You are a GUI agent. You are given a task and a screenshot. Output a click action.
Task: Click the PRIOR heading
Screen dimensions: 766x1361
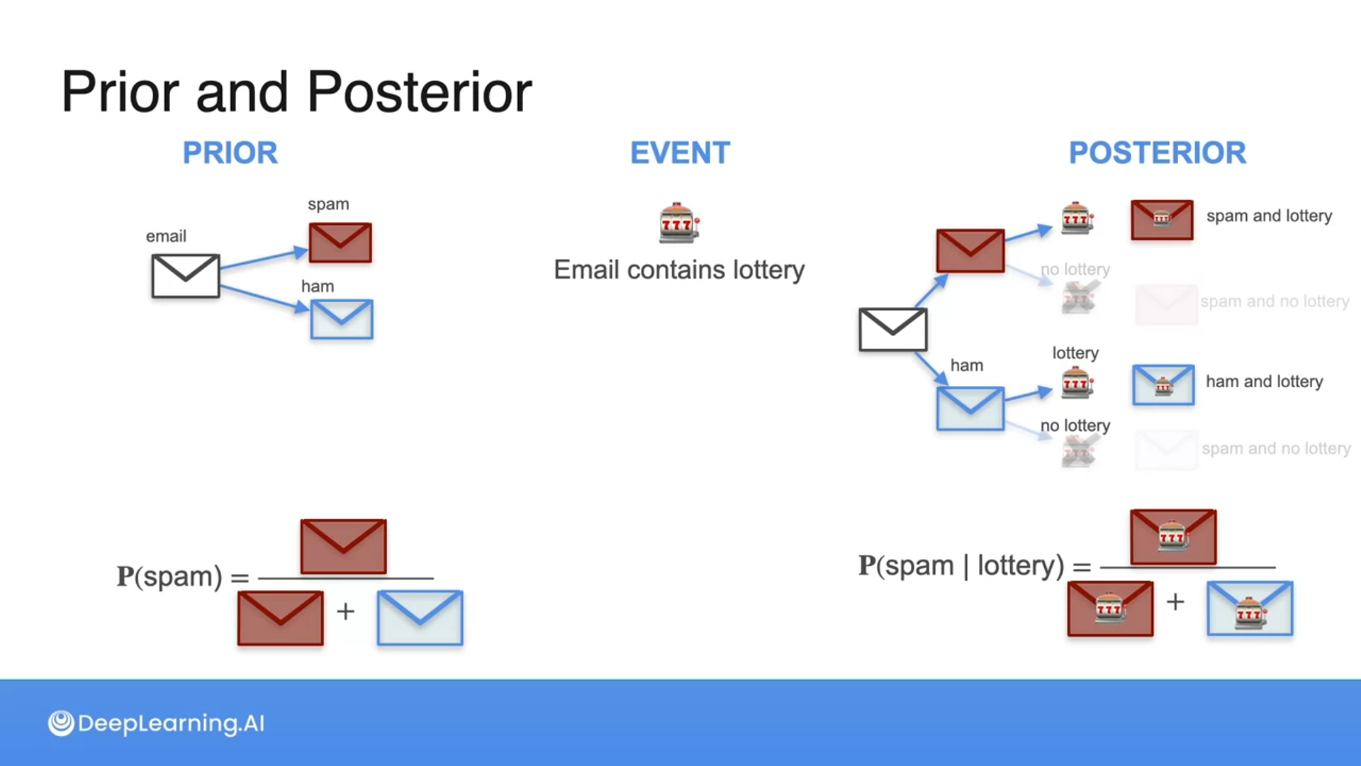(230, 152)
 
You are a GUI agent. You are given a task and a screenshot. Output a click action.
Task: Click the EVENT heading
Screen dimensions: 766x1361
(680, 152)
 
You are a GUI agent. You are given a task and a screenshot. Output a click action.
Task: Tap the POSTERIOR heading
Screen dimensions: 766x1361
(1157, 152)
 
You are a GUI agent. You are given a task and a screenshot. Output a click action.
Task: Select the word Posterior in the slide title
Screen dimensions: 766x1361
(419, 92)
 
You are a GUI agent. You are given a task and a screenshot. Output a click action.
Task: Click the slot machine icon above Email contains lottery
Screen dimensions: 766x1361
(679, 223)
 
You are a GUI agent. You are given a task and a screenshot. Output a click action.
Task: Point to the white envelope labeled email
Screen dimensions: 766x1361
(185, 276)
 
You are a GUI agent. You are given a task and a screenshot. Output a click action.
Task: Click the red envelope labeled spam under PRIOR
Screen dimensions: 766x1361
(340, 243)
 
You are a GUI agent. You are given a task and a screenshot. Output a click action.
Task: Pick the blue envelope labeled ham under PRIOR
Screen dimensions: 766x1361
(342, 319)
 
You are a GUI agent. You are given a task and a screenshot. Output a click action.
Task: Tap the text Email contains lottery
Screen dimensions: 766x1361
(679, 270)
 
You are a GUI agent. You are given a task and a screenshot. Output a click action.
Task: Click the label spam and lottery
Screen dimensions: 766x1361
(1269, 216)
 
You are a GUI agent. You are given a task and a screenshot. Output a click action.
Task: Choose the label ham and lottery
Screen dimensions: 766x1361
(1264, 382)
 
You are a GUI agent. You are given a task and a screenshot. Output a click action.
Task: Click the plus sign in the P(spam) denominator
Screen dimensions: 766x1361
(345, 611)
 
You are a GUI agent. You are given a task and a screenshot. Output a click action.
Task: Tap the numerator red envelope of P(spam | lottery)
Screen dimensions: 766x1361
(1173, 537)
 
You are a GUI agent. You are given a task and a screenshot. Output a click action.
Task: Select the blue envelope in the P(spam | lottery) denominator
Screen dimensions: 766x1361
(1250, 609)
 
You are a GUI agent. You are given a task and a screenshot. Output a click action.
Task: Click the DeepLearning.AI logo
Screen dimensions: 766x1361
(157, 723)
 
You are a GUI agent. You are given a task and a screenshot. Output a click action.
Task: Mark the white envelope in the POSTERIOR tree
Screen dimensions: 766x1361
(892, 329)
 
